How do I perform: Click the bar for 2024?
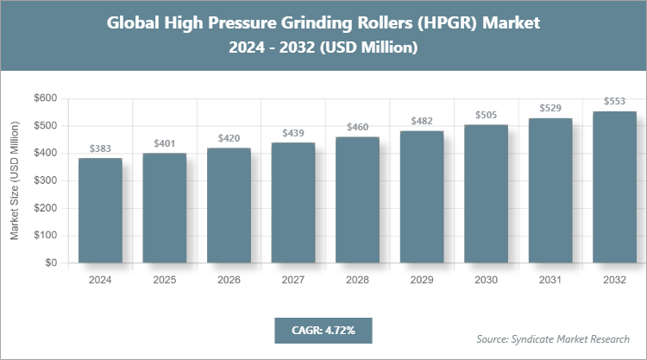point(100,210)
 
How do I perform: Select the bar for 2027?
point(292,202)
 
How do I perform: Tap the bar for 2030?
point(486,193)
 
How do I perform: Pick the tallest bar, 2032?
point(614,186)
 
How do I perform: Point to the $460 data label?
point(357,128)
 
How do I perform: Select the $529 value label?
point(550,108)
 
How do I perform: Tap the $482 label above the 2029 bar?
point(422,121)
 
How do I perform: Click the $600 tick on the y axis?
point(44,98)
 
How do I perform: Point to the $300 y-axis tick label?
point(44,180)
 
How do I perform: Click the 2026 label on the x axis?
point(229,280)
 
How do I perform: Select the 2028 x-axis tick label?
point(357,280)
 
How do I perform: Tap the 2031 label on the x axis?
point(550,280)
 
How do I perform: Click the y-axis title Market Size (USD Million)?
point(15,181)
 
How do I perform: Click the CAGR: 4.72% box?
point(323,330)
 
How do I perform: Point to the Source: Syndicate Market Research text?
point(553,338)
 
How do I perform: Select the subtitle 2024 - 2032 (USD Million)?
point(323,48)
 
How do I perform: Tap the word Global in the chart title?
point(134,23)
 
